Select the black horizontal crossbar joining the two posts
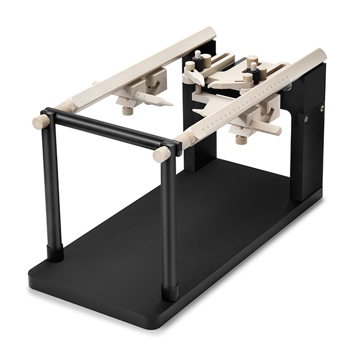(x=108, y=129)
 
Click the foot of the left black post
(x=55, y=253)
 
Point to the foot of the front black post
(x=170, y=292)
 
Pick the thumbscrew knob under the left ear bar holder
(x=127, y=110)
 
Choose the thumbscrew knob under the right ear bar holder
(x=241, y=140)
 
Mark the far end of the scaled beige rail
(x=322, y=55)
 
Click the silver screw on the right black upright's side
(x=322, y=109)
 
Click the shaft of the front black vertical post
(x=169, y=222)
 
